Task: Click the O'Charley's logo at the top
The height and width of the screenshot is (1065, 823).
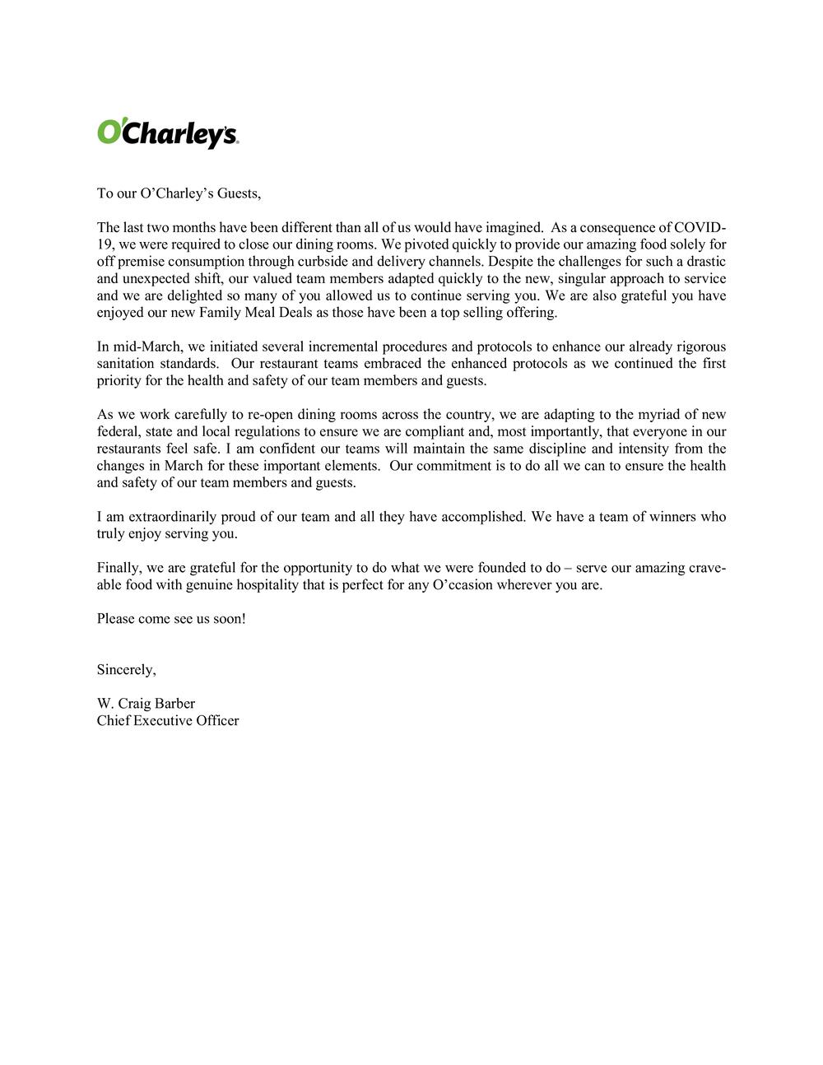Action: [168, 133]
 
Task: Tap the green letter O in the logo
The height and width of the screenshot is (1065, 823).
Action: [109, 132]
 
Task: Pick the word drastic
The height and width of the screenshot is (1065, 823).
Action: [704, 262]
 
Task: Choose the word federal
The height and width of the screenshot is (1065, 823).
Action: [118, 432]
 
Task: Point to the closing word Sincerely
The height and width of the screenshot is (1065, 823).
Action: [126, 669]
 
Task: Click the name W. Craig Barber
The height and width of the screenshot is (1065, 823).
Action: [146, 704]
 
